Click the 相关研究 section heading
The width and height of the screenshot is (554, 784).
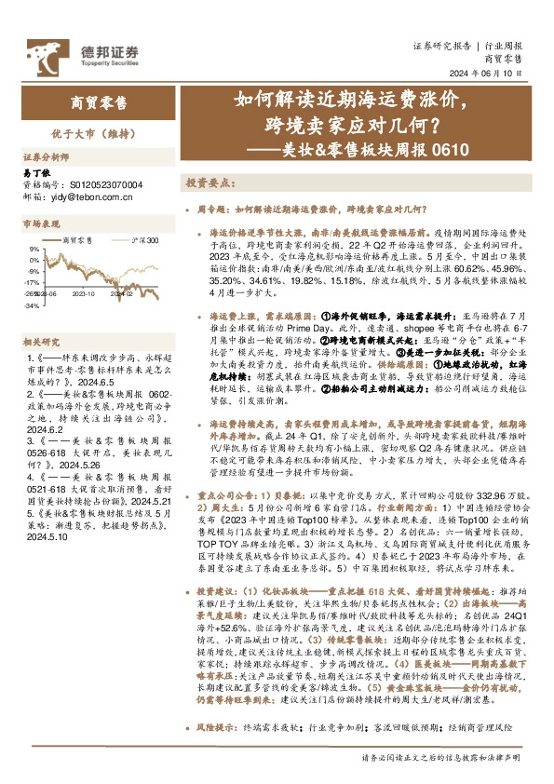pos(41,342)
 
